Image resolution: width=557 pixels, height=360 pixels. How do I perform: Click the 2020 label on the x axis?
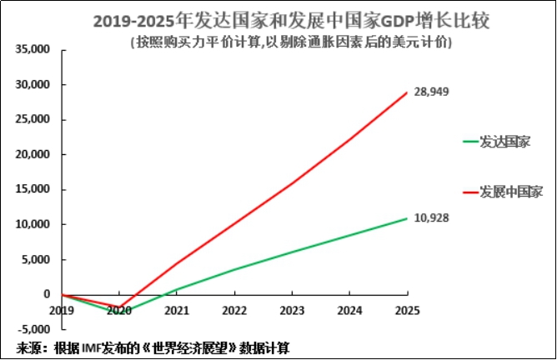click(120, 311)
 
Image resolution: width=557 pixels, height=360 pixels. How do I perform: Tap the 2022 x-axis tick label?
click(235, 311)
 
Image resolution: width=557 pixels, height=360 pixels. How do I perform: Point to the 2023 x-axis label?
click(292, 311)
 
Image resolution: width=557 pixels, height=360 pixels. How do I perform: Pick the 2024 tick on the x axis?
click(349, 311)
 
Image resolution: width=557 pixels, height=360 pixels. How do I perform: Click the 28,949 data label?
click(431, 92)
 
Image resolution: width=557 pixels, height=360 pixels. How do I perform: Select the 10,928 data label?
click(431, 218)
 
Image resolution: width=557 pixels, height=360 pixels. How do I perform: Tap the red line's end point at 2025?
click(407, 92)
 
